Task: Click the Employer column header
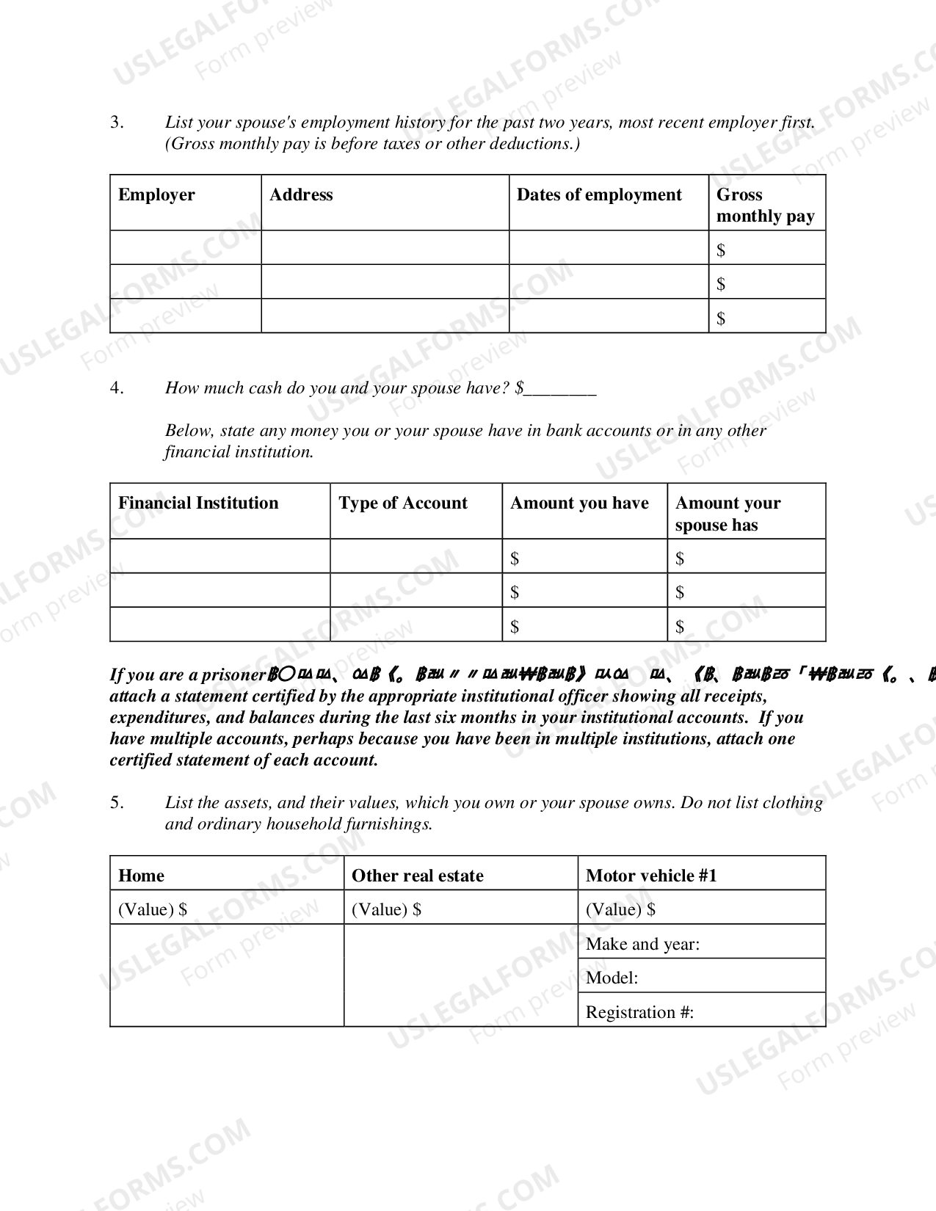(156, 195)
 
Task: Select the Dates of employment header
(599, 195)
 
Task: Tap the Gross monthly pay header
(765, 206)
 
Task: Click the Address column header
(301, 195)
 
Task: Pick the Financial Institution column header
(198, 503)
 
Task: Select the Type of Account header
(403, 503)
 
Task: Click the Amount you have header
(579, 503)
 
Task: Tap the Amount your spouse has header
(728, 514)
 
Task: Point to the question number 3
(117, 123)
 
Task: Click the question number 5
(117, 802)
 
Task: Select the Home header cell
(142, 876)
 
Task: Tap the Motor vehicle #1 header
(651, 876)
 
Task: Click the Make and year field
(701, 944)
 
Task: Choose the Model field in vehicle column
(701, 978)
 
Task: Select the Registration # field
(701, 1012)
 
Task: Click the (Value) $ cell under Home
(226, 909)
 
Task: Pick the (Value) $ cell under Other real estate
(460, 909)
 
